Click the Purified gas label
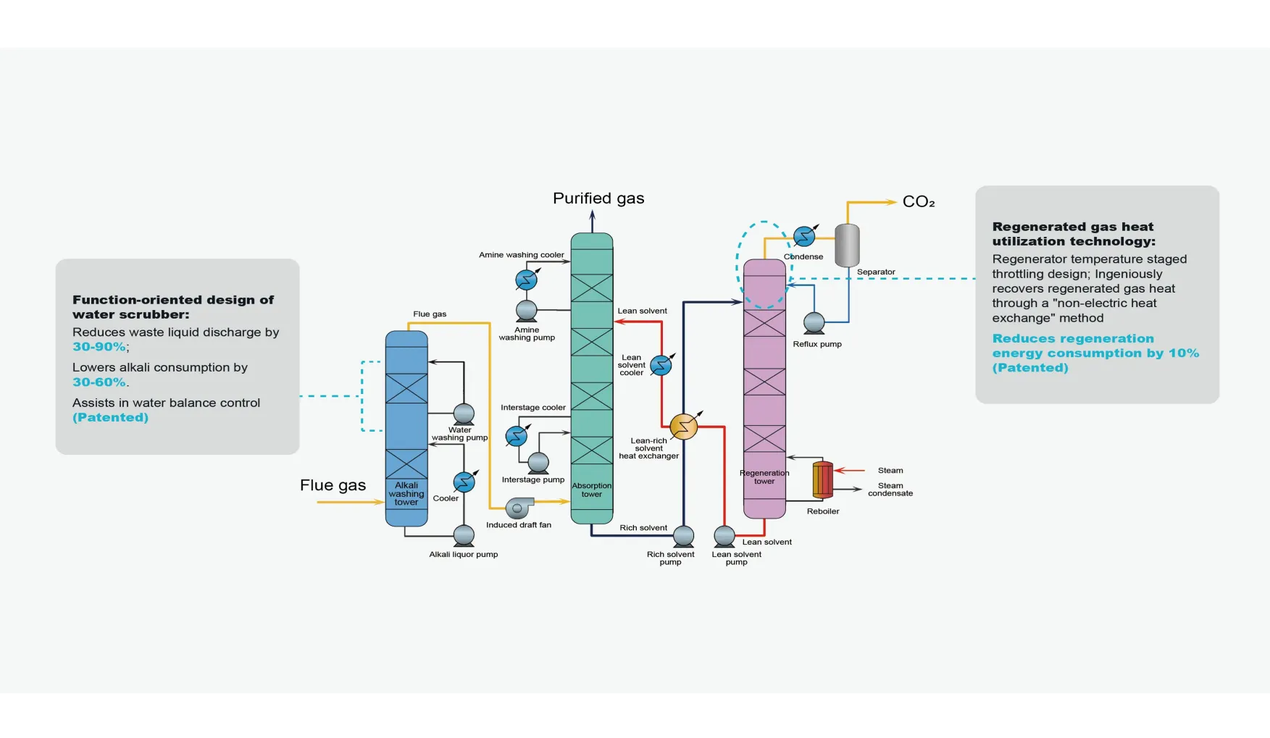click(598, 198)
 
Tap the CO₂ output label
click(918, 202)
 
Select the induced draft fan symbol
click(519, 508)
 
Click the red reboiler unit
click(822, 479)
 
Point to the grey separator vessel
click(847, 245)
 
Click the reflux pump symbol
click(814, 322)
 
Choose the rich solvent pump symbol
click(683, 536)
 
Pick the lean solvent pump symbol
click(724, 536)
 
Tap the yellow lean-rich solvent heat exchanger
click(683, 427)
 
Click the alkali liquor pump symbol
click(464, 536)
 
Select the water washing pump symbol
click(464, 414)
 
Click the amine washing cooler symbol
click(526, 280)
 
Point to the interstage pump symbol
click(538, 462)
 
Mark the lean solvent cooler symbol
click(661, 366)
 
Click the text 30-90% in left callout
click(99, 347)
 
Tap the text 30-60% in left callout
click(99, 382)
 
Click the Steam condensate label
click(890, 490)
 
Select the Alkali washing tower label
click(406, 494)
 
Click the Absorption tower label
click(592, 490)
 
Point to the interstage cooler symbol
click(517, 436)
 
